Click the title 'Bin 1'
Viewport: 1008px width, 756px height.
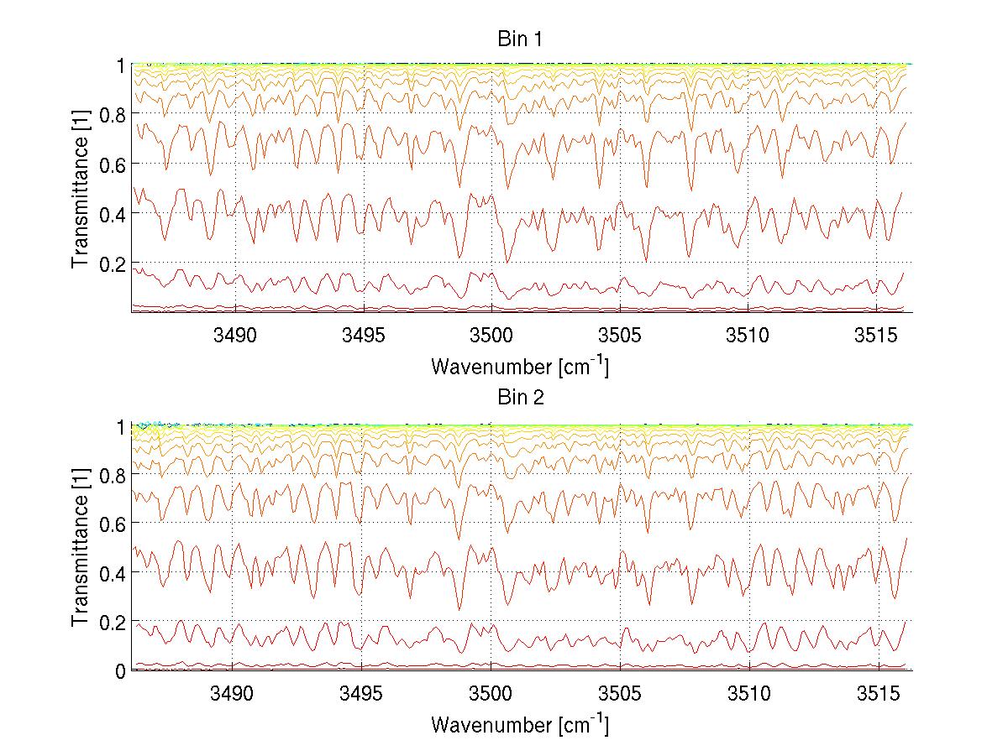tap(521, 39)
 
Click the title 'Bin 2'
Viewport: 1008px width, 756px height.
tap(521, 398)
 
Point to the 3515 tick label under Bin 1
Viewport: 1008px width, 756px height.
tap(877, 336)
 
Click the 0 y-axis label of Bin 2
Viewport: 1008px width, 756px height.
tap(120, 671)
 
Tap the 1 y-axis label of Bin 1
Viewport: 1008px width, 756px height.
tap(120, 65)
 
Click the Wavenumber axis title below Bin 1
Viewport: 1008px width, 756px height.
tap(520, 366)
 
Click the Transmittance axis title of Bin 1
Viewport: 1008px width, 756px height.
tap(81, 189)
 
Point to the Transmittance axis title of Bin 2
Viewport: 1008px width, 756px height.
tap(81, 547)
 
